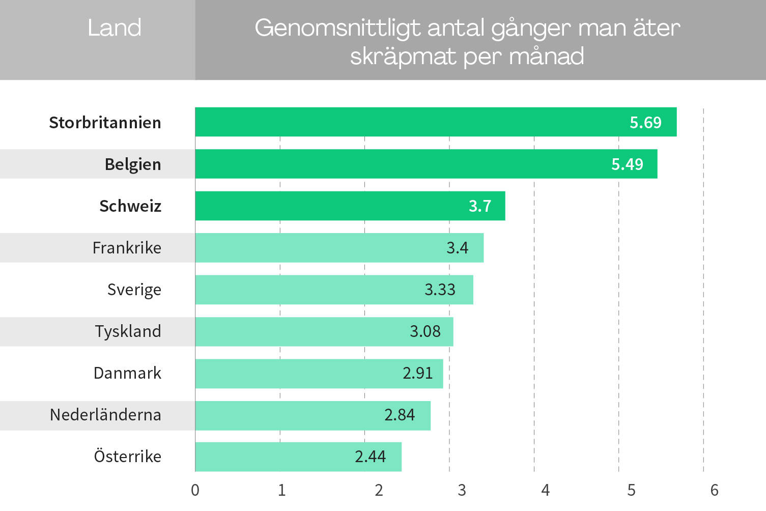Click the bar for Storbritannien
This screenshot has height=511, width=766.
[436, 122]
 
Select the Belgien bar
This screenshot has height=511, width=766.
[426, 164]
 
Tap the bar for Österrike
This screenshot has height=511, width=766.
[298, 457]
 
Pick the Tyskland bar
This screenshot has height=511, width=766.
[324, 331]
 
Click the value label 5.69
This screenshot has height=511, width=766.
[645, 123]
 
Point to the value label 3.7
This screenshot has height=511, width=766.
[479, 206]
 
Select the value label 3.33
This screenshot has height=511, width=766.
[440, 290]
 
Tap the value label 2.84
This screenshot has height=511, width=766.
[399, 415]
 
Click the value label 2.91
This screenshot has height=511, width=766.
[417, 373]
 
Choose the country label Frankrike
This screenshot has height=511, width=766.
[127, 248]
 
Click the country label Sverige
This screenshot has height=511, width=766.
[134, 290]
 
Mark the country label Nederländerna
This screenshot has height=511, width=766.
[105, 415]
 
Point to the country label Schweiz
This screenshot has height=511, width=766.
[130, 206]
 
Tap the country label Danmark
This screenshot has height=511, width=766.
[127, 373]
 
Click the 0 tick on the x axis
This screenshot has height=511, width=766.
[195, 490]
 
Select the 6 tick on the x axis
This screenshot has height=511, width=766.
[714, 490]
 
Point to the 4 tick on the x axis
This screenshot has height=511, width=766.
[545, 490]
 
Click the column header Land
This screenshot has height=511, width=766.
[114, 28]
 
